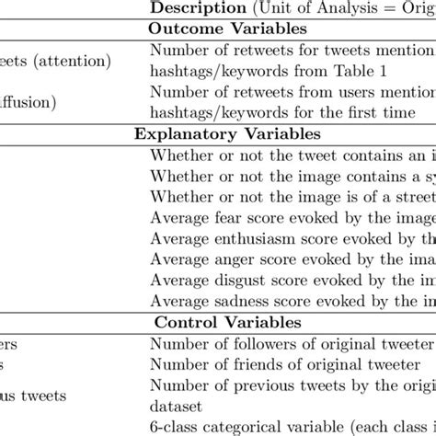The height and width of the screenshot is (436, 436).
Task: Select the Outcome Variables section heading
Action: point(217,29)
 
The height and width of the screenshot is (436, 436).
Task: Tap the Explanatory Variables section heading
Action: point(217,132)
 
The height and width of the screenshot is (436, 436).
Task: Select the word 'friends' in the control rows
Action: point(241,364)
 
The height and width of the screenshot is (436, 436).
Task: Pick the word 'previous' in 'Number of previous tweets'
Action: point(254,384)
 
